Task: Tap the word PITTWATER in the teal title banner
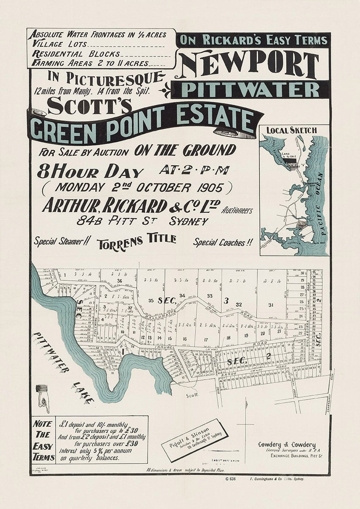coord(250,90)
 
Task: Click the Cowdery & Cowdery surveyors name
coord(287,444)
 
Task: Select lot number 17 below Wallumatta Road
coord(206,339)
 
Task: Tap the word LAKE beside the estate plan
coord(83,392)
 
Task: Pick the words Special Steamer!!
coord(61,242)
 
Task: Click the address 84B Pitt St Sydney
coord(142,221)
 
